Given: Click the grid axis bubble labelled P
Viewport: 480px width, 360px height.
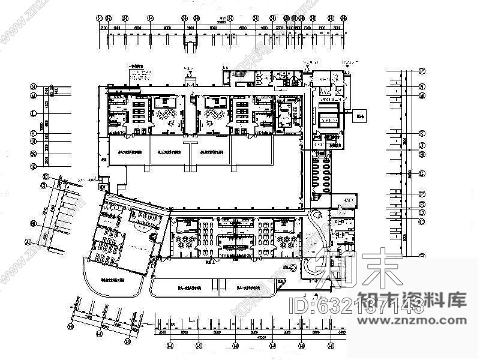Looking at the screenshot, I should [x=422, y=71].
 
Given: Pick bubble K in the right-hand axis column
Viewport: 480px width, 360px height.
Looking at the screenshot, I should [x=422, y=133].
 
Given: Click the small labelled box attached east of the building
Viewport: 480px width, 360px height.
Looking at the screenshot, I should [x=360, y=117].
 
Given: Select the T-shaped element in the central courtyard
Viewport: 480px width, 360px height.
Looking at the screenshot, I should [x=190, y=150].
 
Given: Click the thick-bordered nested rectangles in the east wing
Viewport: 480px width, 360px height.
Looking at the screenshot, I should [x=329, y=114].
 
